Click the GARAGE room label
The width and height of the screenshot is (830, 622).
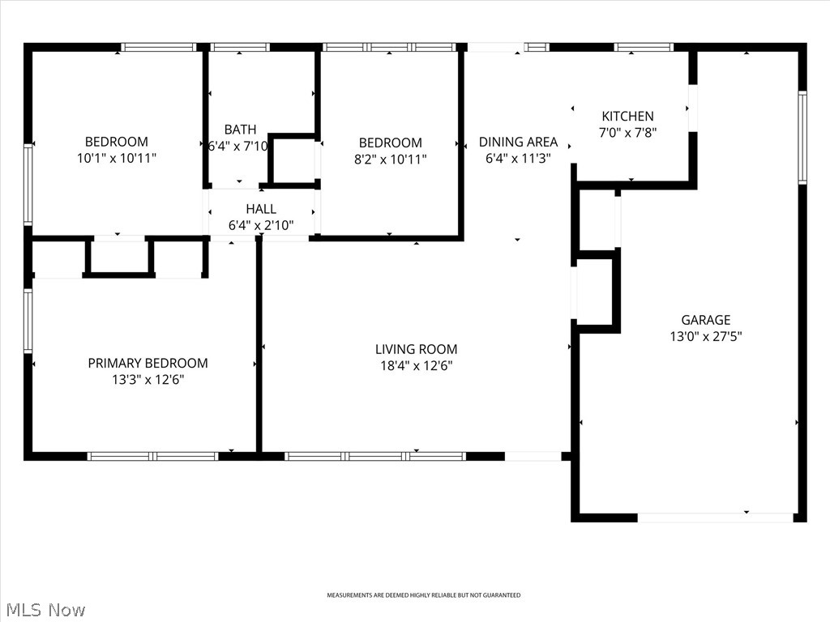[705, 320]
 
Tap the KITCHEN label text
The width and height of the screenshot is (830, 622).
[627, 117]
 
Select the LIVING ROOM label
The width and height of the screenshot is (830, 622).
[416, 349]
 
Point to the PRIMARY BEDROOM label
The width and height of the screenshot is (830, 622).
[148, 363]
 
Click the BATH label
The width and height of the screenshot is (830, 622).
[240, 130]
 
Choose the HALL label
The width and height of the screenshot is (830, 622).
[261, 209]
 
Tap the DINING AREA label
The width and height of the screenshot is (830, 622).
[518, 142]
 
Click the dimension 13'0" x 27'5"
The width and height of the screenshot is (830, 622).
[705, 336]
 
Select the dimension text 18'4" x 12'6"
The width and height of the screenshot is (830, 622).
[416, 365]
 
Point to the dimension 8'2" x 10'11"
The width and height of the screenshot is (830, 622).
[390, 159]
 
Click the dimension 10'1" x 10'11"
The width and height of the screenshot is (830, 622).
[117, 158]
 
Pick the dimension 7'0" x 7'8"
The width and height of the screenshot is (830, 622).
[627, 133]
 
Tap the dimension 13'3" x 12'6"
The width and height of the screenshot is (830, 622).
[148, 379]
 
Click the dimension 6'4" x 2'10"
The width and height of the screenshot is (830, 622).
[261, 225]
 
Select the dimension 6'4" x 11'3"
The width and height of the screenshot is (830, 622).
[518, 159]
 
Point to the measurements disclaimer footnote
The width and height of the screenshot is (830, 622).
[423, 595]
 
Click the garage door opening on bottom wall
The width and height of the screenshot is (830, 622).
[715, 518]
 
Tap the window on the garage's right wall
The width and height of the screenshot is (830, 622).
[802, 138]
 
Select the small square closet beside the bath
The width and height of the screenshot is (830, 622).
[292, 160]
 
